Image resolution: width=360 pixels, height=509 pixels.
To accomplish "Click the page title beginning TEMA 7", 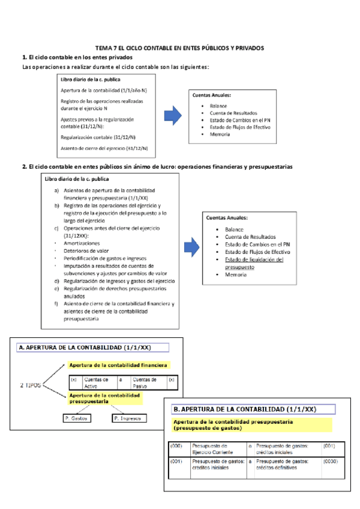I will point(179,47).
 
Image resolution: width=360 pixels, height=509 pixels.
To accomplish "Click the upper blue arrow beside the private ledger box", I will point(173,115).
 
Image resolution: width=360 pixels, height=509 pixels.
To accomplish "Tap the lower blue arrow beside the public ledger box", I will point(191,245).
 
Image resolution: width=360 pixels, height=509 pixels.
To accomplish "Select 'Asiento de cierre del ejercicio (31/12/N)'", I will point(104,148).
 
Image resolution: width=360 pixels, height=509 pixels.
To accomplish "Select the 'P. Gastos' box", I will point(76,418).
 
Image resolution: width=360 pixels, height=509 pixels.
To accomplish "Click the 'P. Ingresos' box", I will point(127,418).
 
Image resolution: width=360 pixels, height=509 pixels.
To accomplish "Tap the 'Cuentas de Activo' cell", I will point(97,382).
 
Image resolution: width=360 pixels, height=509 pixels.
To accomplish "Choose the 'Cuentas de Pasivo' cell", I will point(145,382).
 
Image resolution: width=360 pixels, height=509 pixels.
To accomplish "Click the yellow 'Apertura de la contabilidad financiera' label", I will point(118,365).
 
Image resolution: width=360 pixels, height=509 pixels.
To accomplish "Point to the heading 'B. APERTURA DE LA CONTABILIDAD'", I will point(244,409).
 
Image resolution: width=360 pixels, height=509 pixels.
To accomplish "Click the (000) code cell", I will point(176,446).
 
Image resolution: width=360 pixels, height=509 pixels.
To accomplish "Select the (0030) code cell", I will point(331,461).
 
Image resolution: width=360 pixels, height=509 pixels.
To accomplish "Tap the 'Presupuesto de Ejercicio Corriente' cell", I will point(210,449).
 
